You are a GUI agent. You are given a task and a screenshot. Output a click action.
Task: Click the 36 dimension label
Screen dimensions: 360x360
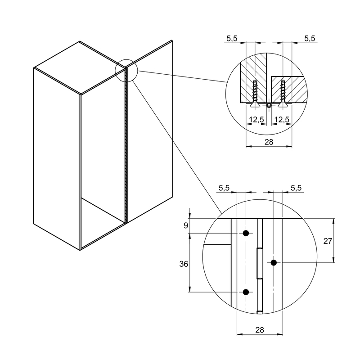pos(184,264)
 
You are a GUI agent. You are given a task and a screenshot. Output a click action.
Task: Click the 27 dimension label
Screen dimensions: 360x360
pos(328,241)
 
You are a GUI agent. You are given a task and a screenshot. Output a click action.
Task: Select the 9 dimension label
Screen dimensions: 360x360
pos(186,226)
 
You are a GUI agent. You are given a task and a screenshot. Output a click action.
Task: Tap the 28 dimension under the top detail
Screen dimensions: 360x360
pos(269,142)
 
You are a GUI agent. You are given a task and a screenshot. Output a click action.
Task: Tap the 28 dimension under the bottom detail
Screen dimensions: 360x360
pos(260,330)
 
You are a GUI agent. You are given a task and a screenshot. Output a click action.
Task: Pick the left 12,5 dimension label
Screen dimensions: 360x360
pos(256,120)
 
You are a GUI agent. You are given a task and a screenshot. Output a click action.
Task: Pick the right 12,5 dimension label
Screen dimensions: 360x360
pos(282,120)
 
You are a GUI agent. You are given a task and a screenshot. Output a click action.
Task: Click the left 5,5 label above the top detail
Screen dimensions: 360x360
pos(232,39)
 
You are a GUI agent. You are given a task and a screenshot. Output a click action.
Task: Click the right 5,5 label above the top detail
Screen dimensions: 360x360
pos(310,39)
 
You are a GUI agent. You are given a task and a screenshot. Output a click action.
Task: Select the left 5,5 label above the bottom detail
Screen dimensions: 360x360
pos(224,188)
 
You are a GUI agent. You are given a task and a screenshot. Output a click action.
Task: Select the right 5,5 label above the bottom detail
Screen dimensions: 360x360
pos(296,188)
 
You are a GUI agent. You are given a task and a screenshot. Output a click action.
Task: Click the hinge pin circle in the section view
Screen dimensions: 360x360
pos(269,105)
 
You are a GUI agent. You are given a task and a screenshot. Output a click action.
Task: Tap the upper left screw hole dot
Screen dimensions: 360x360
pos(246,233)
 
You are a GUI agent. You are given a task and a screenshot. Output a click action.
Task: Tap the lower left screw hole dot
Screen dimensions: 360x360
pos(246,292)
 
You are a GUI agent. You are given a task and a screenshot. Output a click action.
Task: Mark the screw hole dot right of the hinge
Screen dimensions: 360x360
pos(274,263)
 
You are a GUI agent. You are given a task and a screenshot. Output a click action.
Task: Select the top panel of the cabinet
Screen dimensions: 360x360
pos(80,68)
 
